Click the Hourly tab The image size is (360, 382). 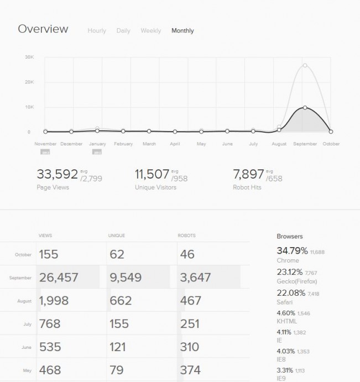point(97,31)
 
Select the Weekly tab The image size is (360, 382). point(150,31)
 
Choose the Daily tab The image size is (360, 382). point(123,31)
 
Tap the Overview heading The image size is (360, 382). point(43,29)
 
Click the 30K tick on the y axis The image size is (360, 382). point(29,57)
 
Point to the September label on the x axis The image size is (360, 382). point(305,144)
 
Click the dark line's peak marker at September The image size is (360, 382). point(305,107)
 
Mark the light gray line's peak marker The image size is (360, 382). point(305,66)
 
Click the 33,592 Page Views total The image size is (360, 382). point(57,175)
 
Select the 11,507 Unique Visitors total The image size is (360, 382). point(152,175)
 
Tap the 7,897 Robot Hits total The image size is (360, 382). point(249,175)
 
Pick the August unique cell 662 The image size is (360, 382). point(121,300)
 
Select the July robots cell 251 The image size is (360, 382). point(190,323)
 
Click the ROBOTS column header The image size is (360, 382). point(186,236)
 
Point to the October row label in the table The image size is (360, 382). point(23,255)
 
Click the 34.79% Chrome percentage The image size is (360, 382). point(291,250)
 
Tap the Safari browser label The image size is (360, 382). point(285,302)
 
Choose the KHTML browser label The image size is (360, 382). point(286,320)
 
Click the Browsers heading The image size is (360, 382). point(290,236)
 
